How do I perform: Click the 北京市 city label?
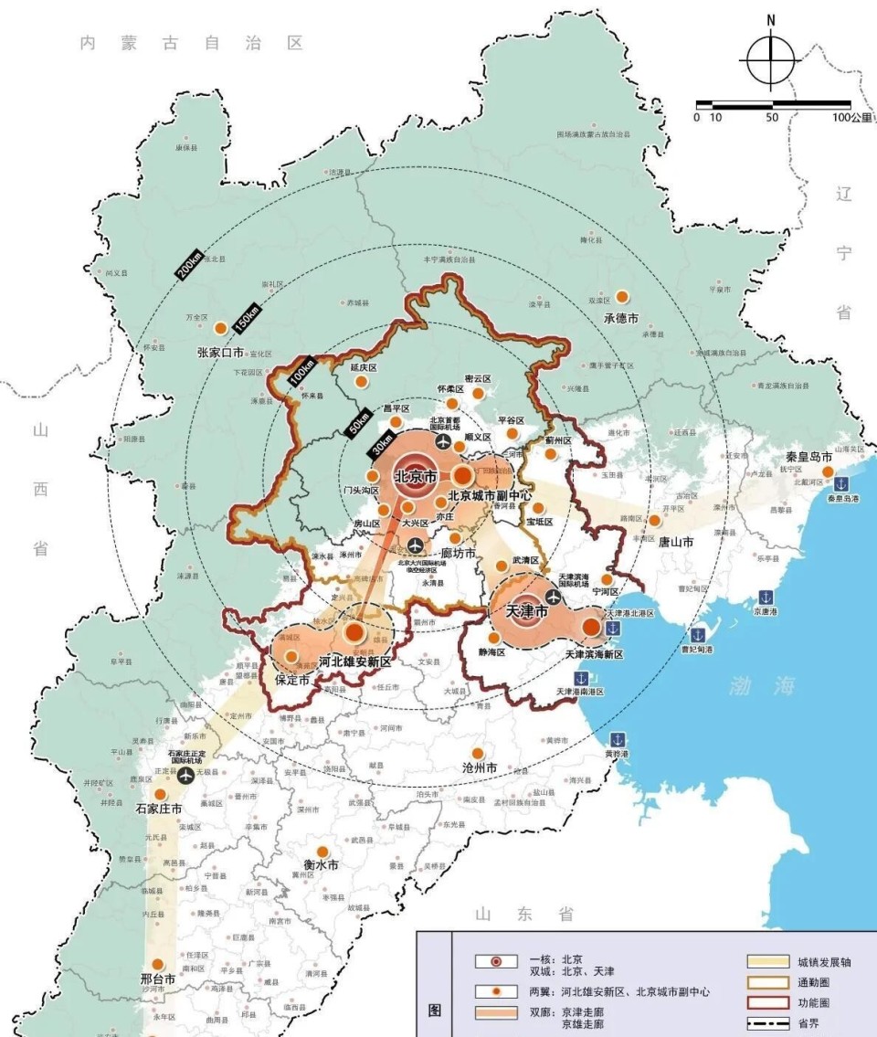coord(416,476)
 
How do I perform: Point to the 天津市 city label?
coord(526,610)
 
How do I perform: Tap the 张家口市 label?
coord(220,352)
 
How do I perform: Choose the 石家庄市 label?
coord(158,809)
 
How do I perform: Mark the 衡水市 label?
coord(321,864)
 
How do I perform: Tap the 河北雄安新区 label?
coord(355,661)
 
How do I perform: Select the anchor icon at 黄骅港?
coord(618,738)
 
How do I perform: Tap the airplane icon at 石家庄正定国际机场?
coord(187,776)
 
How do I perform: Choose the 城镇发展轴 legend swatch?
coord(767,961)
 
